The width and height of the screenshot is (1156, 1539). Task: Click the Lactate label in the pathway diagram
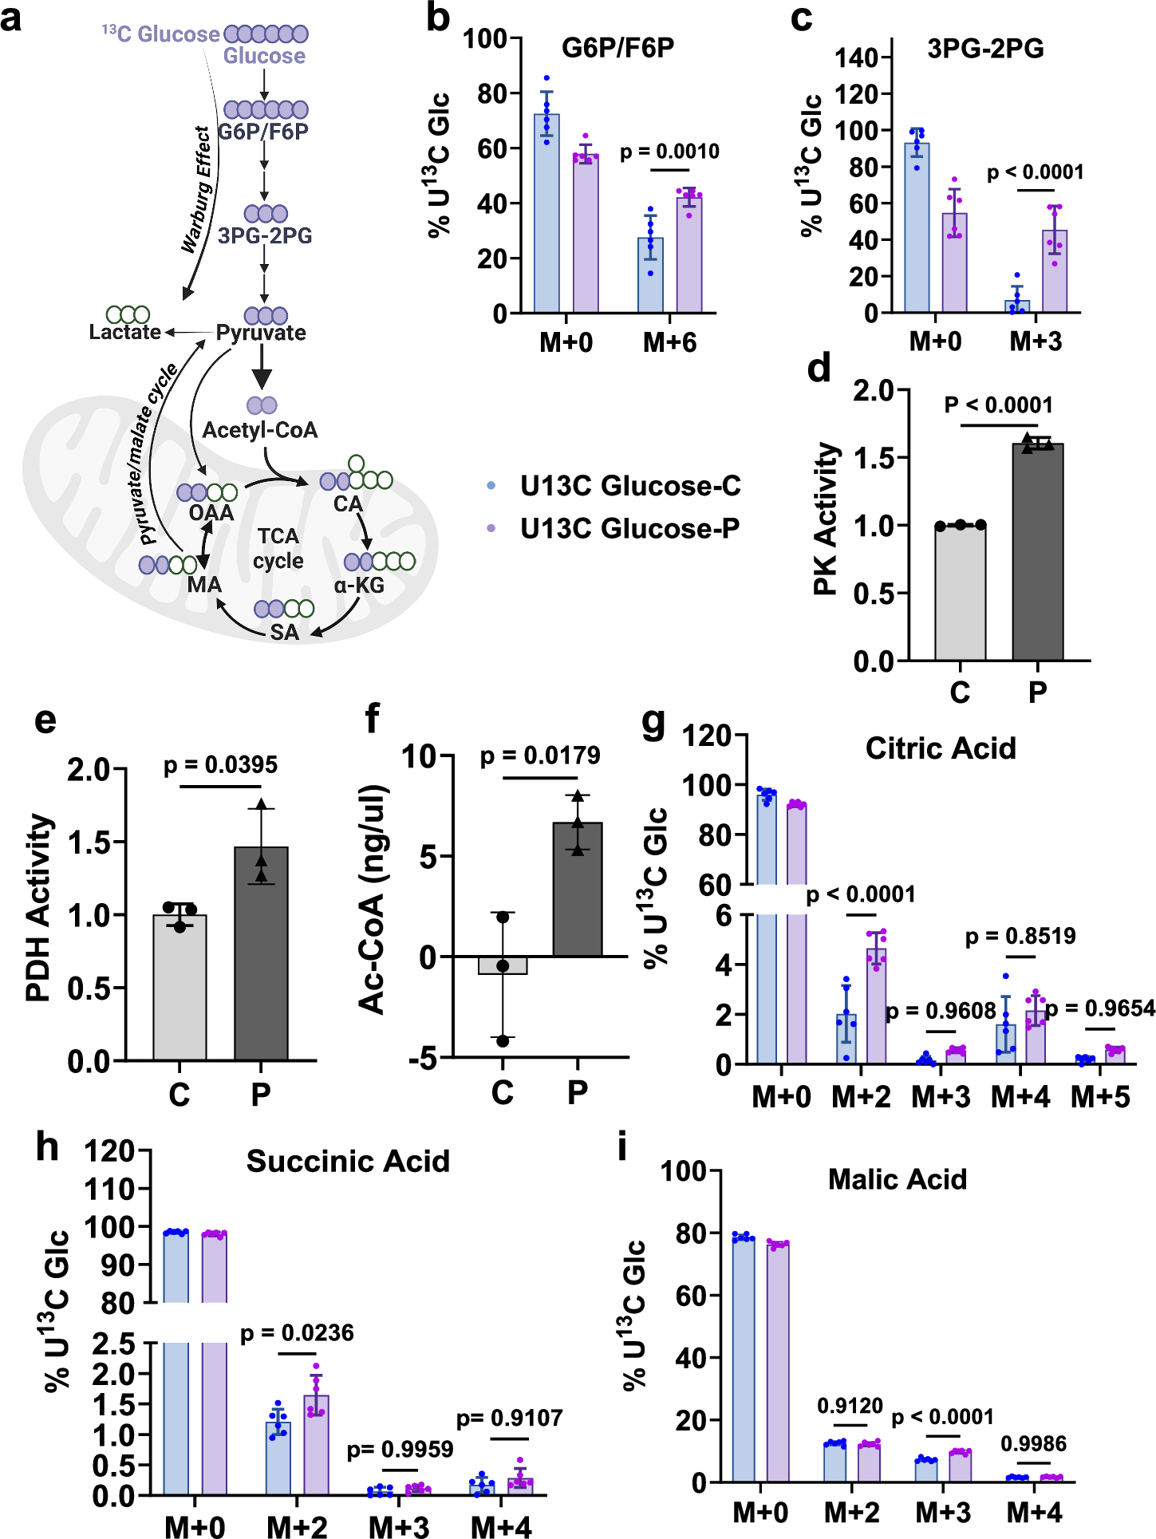[x=125, y=332]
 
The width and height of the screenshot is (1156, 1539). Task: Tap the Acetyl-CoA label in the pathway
[x=260, y=431]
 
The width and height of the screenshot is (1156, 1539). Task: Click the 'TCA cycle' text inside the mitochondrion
[x=278, y=549]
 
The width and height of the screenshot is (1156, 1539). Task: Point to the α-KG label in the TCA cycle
[x=359, y=586]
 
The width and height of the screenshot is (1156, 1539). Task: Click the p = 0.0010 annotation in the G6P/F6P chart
[x=669, y=152]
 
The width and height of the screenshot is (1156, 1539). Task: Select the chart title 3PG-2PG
[x=985, y=49]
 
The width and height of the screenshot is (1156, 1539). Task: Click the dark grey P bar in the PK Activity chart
[x=1037, y=558]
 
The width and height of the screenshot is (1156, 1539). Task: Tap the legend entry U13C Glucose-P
[x=629, y=528]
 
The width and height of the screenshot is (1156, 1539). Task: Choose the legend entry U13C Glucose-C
[x=629, y=486]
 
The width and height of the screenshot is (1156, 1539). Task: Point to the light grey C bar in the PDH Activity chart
[x=180, y=989]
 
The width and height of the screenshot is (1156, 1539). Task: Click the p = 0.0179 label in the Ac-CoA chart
[x=540, y=756]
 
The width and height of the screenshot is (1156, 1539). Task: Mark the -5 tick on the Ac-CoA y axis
[x=422, y=1059]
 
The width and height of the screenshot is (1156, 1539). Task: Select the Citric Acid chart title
[x=941, y=748]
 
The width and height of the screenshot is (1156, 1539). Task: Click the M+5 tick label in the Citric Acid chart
[x=1100, y=1097]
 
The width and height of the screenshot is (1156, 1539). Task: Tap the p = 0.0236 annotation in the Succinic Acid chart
[x=297, y=1333]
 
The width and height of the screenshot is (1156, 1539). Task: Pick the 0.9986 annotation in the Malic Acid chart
[x=1033, y=1443]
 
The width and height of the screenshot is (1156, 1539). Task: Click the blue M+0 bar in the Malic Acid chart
[x=743, y=1360]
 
